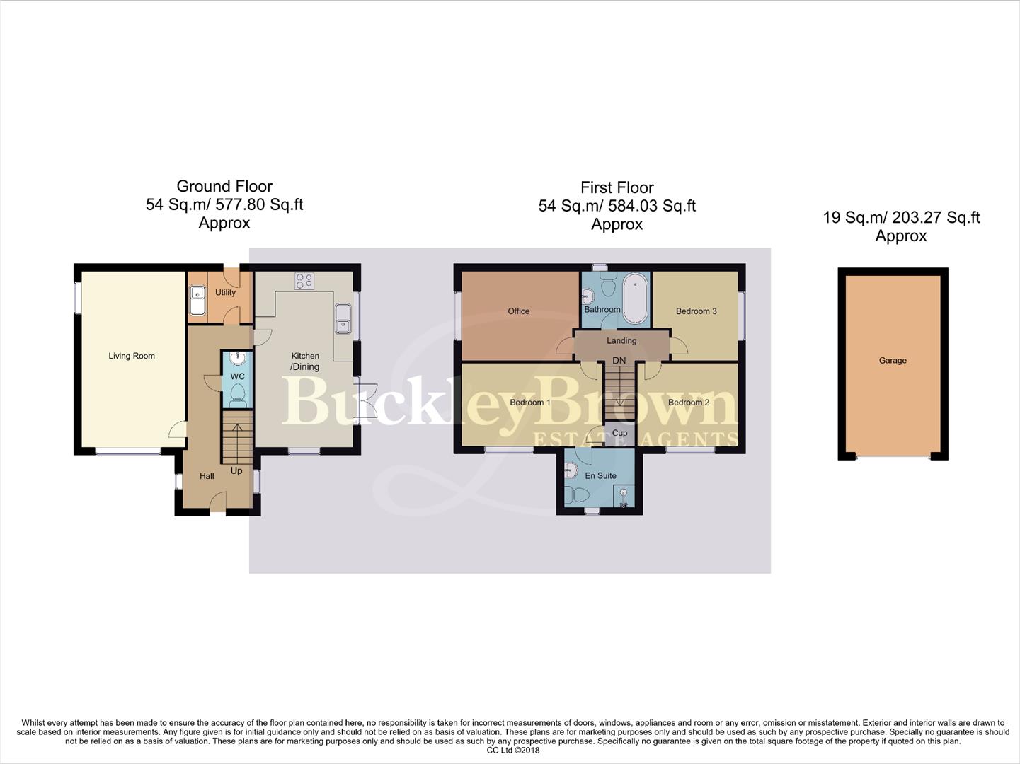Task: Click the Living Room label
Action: pos(132,356)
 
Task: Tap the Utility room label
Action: pos(225,292)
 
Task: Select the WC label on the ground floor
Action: pos(237,376)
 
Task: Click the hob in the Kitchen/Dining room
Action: pos(304,281)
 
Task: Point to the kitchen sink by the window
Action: pos(343,318)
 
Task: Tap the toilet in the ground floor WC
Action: pos(237,393)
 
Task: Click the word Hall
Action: pos(207,476)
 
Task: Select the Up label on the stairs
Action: pos(236,470)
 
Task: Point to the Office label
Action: pos(518,311)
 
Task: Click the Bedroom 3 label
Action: pos(696,311)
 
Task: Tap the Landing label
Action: pos(621,340)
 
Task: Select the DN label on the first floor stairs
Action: pos(619,360)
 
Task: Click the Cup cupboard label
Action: pos(619,433)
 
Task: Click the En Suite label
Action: pos(600,476)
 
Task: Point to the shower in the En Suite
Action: pos(624,497)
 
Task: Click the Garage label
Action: pos(893,360)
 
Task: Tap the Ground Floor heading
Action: pos(224,186)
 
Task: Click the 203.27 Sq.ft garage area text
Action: pos(936,218)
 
